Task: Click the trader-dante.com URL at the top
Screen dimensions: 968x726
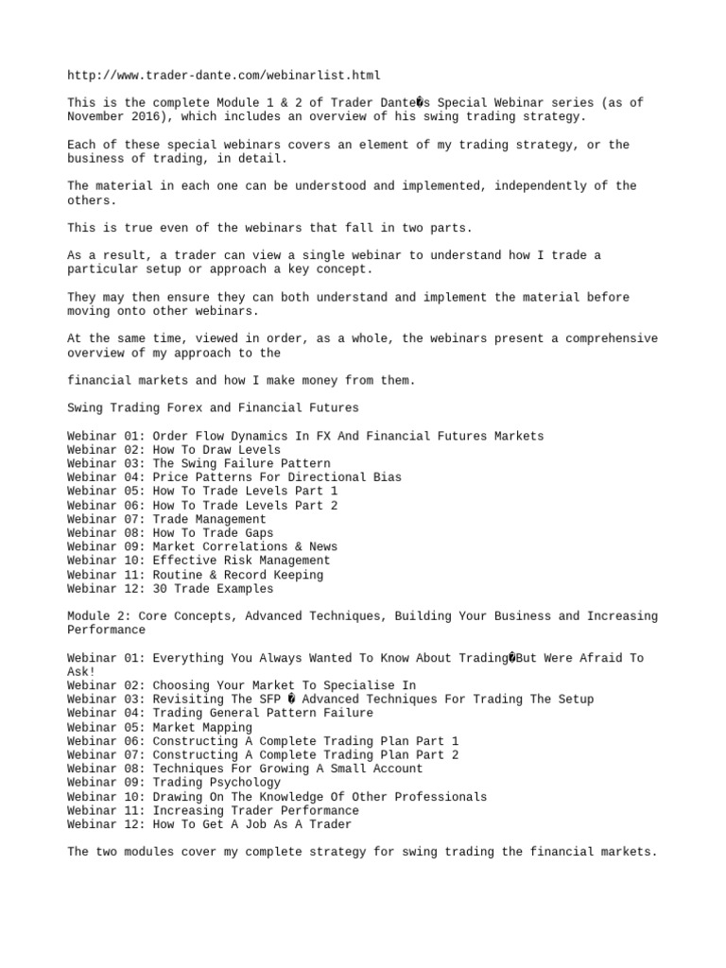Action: point(224,75)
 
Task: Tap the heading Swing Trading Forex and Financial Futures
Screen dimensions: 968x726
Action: point(213,408)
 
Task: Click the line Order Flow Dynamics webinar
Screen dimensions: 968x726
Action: point(305,436)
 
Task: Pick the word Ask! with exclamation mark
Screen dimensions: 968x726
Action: point(81,672)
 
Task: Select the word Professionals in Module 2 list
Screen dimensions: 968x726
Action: point(441,797)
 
